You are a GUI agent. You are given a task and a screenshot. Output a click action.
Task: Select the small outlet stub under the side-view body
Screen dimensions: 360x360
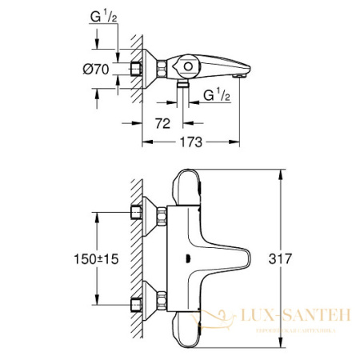(183, 82)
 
